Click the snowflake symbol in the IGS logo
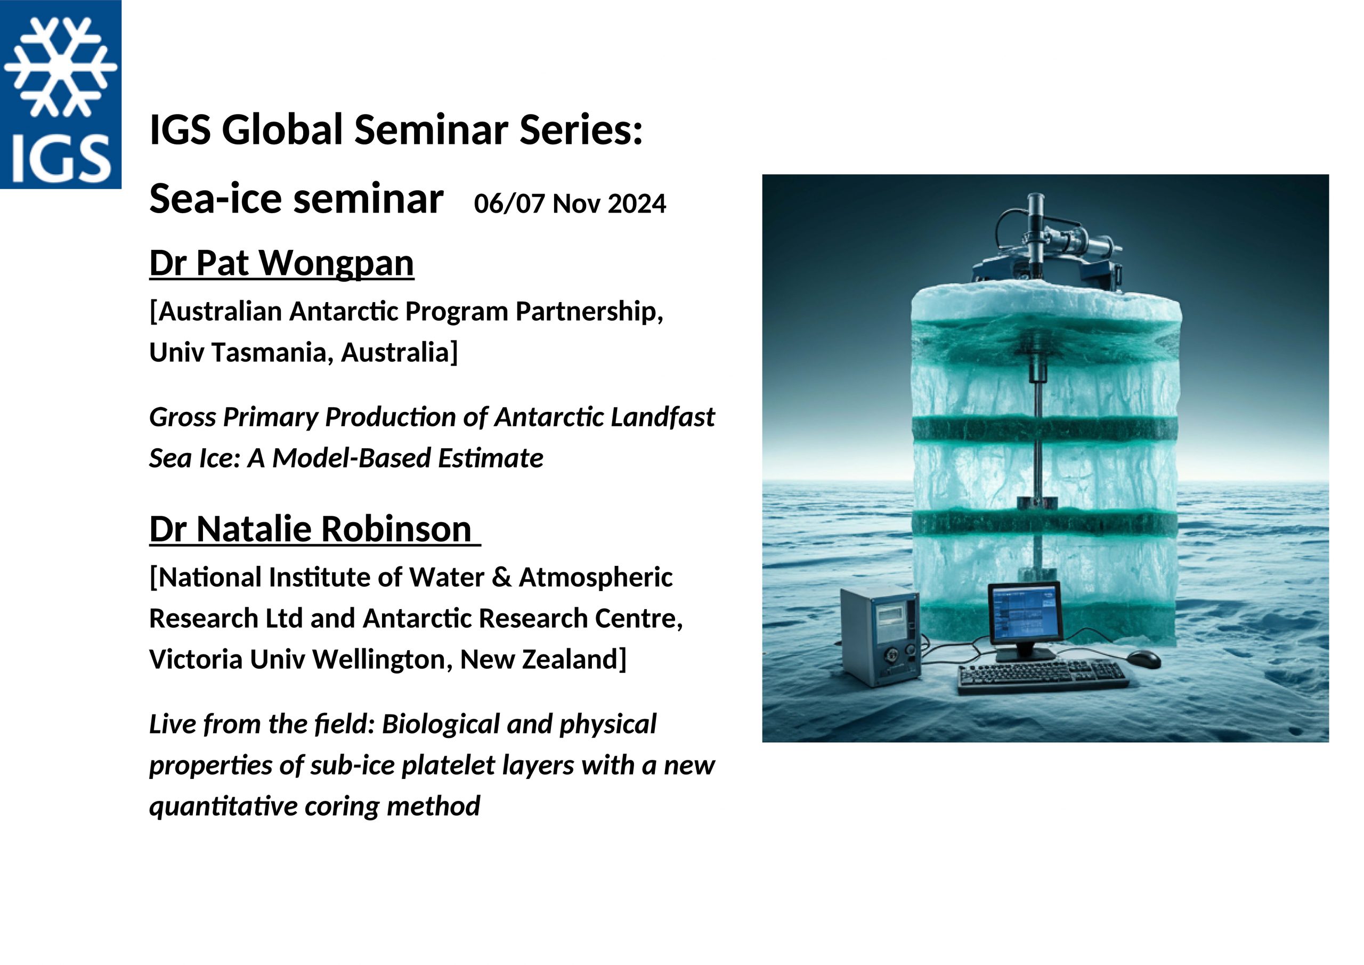click(61, 66)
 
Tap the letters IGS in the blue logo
click(61, 158)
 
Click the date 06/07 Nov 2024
click(570, 204)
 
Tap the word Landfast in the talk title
click(663, 417)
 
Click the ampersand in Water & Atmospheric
click(502, 578)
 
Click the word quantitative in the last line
click(223, 806)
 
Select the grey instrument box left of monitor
click(880, 635)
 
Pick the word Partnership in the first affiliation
click(589, 312)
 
